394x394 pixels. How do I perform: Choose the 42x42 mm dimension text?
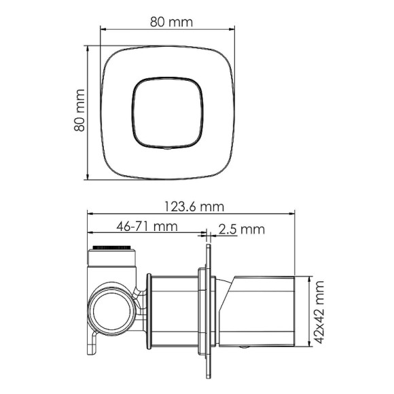[320, 311]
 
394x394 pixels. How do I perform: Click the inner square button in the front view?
[166, 112]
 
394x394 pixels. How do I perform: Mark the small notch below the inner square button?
[166, 147]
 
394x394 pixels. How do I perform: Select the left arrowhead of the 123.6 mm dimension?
[90, 214]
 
